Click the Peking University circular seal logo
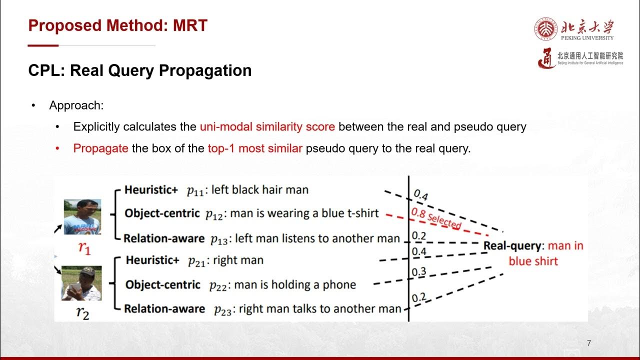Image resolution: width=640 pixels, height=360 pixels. click(545, 28)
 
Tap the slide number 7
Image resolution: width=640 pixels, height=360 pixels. click(589, 343)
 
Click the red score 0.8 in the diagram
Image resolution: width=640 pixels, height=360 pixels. click(418, 213)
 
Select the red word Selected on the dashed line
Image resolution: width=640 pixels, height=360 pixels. click(444, 220)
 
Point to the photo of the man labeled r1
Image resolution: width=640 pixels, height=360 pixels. click(82, 216)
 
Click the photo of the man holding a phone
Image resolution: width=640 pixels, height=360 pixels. click(81, 283)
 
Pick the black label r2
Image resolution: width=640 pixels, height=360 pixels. click(82, 313)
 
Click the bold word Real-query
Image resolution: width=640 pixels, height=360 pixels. click(513, 246)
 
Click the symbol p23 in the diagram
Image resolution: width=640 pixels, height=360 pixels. click(223, 310)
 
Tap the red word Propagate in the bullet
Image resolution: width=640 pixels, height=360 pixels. click(101, 148)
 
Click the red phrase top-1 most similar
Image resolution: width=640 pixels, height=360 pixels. click(255, 148)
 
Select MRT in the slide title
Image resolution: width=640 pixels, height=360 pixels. click(190, 25)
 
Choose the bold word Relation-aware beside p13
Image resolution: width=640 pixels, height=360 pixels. click(164, 238)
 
